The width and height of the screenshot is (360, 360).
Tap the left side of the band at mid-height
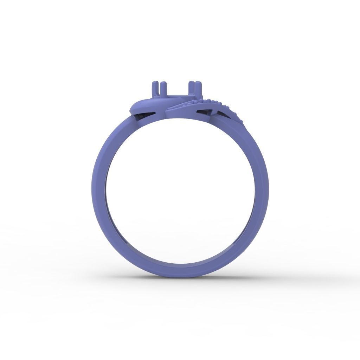tap(99, 190)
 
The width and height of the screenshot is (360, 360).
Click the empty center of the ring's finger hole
tap(180, 190)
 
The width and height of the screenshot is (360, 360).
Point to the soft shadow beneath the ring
tap(180, 279)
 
